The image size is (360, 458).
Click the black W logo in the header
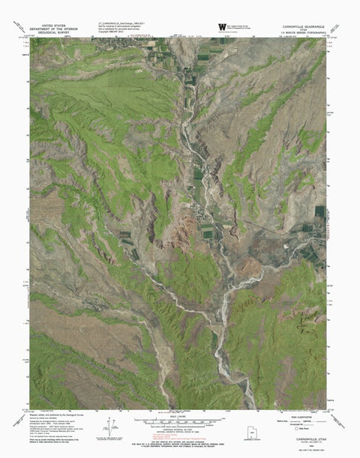coord(221,27)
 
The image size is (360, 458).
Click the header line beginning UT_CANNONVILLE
coord(120,23)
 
